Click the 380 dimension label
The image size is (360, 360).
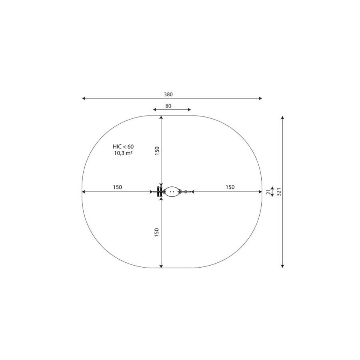click(x=168, y=94)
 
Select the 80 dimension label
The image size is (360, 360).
click(x=168, y=106)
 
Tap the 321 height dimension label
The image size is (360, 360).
click(x=279, y=192)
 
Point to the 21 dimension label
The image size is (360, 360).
click(x=268, y=192)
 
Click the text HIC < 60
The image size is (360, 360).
click(x=123, y=147)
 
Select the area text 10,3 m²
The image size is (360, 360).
click(x=123, y=153)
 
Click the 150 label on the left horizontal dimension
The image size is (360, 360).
click(x=117, y=187)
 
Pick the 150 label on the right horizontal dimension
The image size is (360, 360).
click(x=230, y=187)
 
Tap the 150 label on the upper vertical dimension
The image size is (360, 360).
click(x=157, y=151)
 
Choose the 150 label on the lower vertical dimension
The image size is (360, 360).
click(x=157, y=232)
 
